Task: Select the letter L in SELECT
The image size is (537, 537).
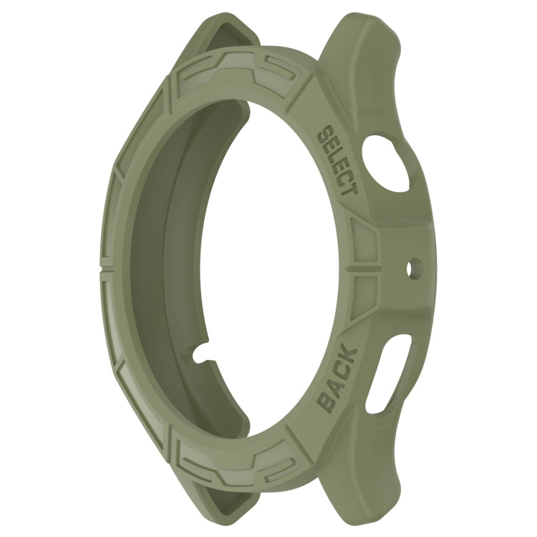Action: [335, 157]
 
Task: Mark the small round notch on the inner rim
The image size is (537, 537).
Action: [203, 352]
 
